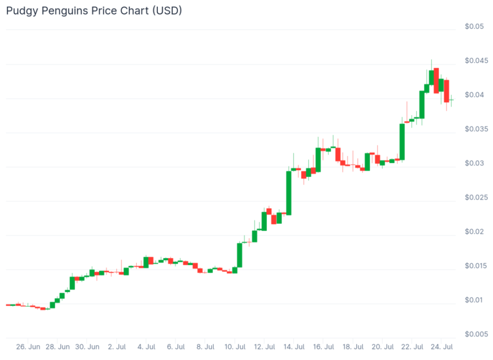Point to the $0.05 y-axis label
click(x=474, y=27)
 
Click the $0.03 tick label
click(x=474, y=163)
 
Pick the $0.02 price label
click(x=474, y=232)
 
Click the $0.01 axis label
click(x=474, y=300)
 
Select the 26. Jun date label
click(x=28, y=347)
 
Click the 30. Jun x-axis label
click(x=87, y=347)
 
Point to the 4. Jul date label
click(x=146, y=347)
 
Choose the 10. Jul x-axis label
click(x=235, y=347)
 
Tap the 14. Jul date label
click(x=294, y=347)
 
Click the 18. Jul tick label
click(x=353, y=347)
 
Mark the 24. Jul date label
click(x=441, y=347)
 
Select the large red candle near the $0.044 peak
click(x=436, y=80)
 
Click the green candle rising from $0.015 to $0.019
click(x=239, y=255)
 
